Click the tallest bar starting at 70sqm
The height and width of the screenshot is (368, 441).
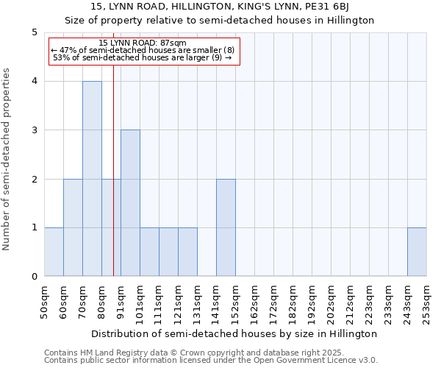click(92, 179)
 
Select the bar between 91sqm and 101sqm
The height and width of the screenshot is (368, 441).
click(130, 203)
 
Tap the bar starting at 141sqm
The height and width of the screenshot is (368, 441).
click(226, 227)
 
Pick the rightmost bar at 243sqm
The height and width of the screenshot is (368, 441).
click(417, 252)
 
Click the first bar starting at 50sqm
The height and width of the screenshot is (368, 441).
click(54, 252)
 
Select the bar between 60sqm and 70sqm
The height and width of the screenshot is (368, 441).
click(73, 227)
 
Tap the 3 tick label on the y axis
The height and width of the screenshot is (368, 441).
click(34, 130)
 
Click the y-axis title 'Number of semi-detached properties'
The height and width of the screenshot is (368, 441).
click(7, 159)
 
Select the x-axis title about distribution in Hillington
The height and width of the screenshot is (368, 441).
click(235, 333)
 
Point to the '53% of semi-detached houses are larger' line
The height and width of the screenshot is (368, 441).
click(143, 57)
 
